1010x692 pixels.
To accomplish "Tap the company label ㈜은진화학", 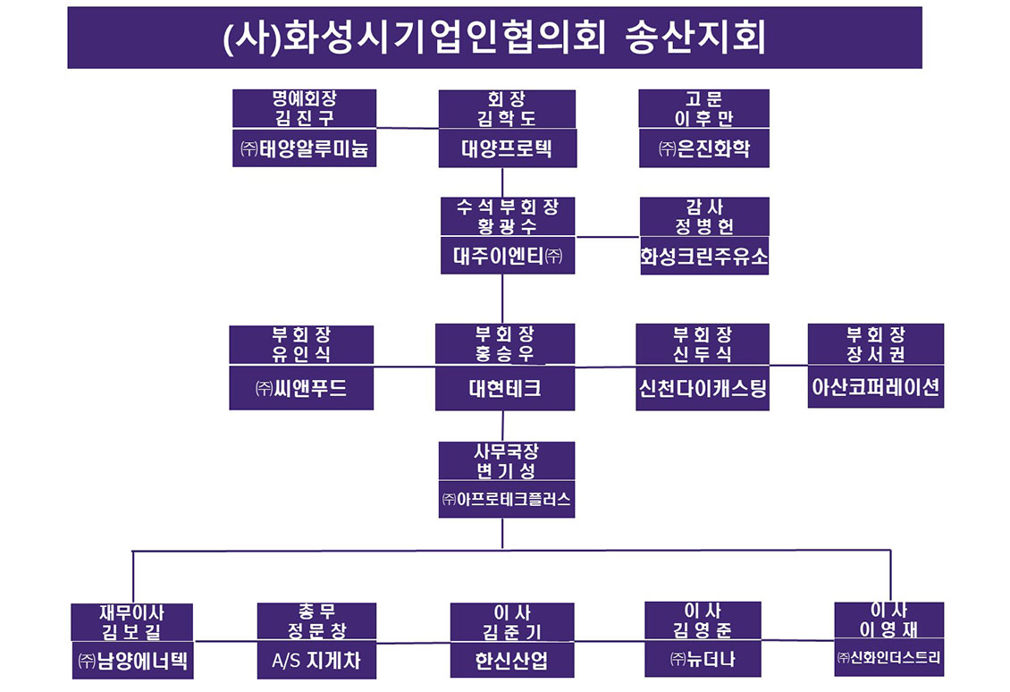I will [703, 148].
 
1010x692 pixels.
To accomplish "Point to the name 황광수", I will [505, 226].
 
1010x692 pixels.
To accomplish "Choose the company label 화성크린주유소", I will [703, 257].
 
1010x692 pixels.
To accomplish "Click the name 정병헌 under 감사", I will [704, 226].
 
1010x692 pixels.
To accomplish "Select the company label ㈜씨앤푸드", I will [301, 389].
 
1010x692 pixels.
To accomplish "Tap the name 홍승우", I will [505, 354].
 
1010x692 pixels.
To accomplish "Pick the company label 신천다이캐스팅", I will [703, 389].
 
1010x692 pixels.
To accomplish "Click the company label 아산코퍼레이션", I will [876, 389].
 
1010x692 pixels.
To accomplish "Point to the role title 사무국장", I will [506, 451].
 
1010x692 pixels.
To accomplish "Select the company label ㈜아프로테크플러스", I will [506, 499].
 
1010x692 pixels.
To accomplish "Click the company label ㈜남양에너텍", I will [132, 662].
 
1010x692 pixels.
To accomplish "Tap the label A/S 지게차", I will [316, 662].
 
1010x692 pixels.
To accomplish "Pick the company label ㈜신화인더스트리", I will [888, 658].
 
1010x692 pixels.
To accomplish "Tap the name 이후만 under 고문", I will [703, 118].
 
